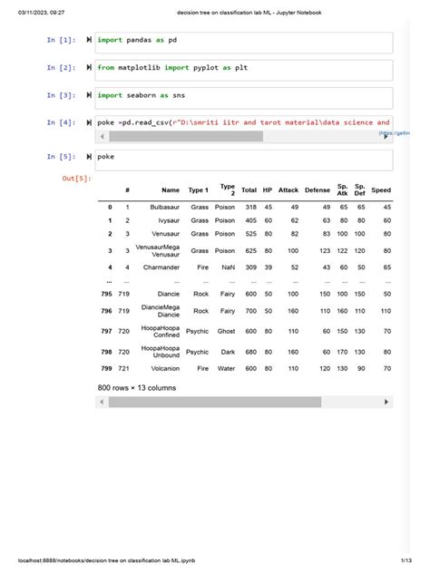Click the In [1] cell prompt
click(x=62, y=41)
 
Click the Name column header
click(x=171, y=190)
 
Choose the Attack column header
click(x=288, y=190)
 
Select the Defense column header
click(x=318, y=190)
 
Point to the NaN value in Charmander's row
click(x=226, y=267)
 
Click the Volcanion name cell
click(x=162, y=369)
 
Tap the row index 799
click(x=106, y=369)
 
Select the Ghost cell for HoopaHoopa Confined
click(x=225, y=332)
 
